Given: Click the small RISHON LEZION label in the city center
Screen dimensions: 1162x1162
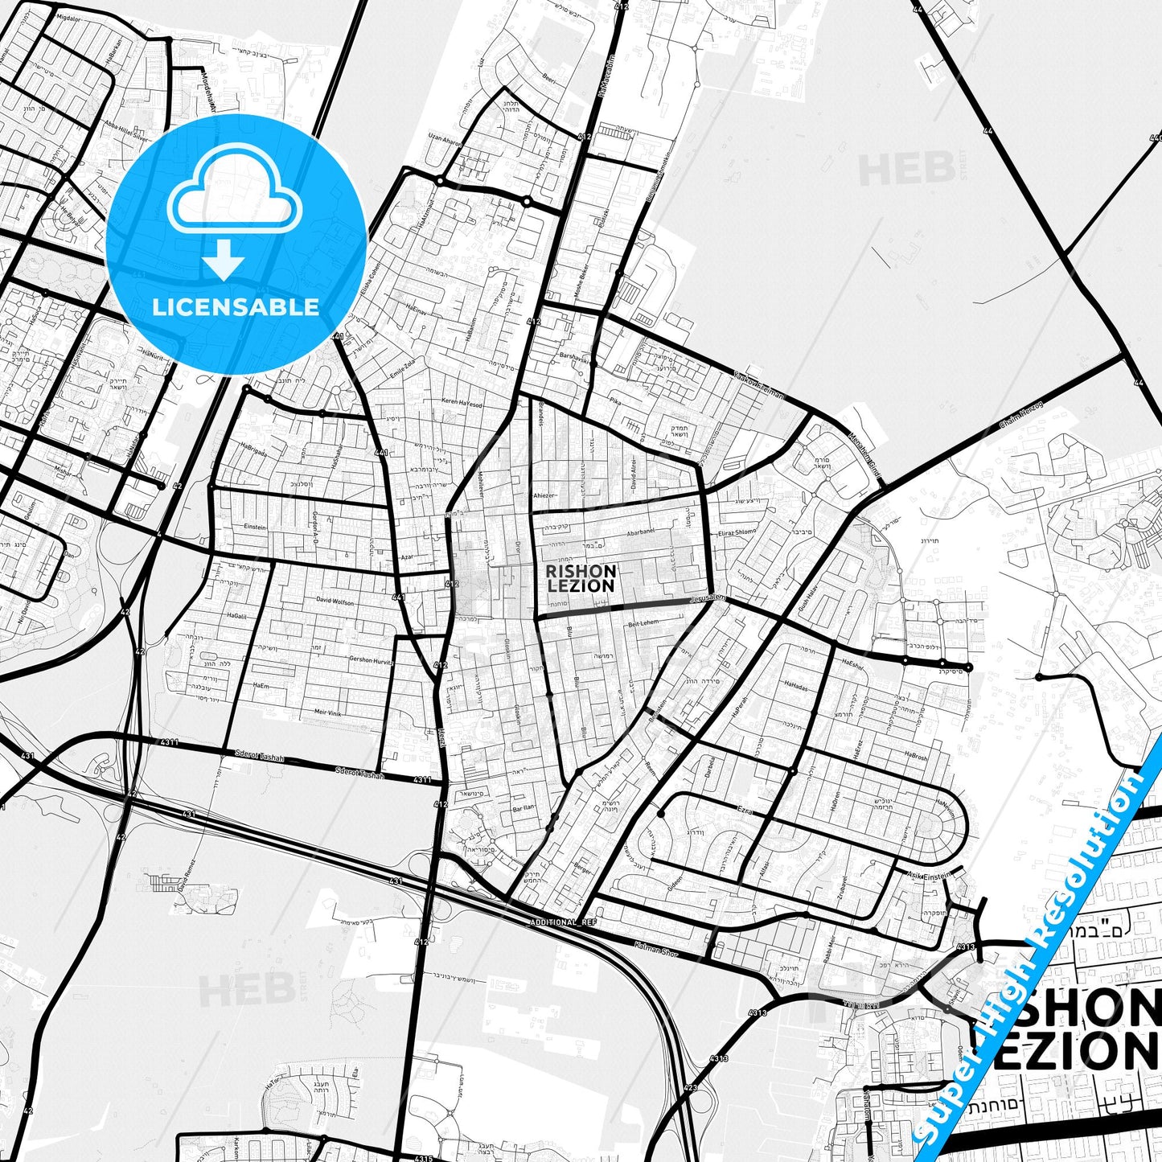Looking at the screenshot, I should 581,578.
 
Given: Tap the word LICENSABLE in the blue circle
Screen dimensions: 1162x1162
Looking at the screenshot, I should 236,307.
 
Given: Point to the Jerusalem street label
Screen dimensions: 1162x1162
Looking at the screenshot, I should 708,598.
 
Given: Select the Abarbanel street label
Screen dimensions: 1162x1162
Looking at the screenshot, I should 643,532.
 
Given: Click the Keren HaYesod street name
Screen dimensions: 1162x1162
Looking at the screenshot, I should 462,404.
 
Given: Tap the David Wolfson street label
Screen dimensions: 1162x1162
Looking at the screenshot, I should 335,601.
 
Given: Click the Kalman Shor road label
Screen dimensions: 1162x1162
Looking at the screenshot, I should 656,951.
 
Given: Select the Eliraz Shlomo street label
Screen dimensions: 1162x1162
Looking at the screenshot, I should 737,532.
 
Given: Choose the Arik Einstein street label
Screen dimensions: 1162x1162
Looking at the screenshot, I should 928,874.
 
